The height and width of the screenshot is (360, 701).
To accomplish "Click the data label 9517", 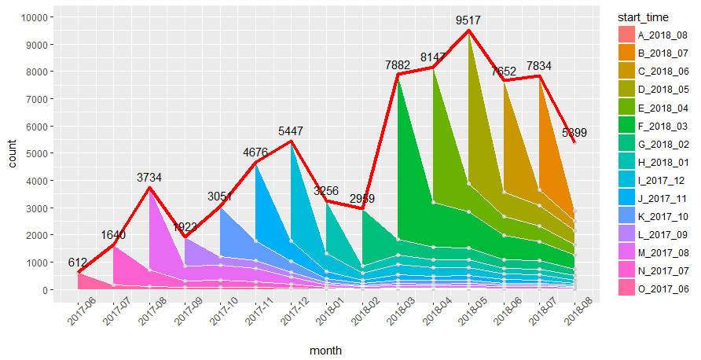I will click(468, 20).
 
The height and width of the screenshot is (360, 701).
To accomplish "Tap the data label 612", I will click(78, 263).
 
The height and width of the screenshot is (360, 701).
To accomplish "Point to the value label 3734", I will click(149, 178).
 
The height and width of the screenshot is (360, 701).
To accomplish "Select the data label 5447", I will click(291, 131).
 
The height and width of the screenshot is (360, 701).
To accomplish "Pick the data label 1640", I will click(114, 235).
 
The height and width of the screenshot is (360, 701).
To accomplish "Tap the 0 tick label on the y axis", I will click(46, 290).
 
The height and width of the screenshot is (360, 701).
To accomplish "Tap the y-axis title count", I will click(12, 154).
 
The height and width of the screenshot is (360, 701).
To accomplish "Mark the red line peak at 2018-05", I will click(468, 31).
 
